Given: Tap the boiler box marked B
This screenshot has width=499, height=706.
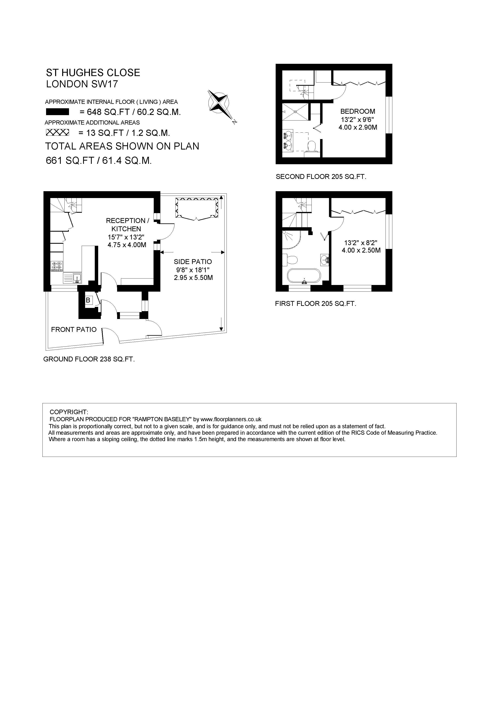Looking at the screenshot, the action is click(x=88, y=300).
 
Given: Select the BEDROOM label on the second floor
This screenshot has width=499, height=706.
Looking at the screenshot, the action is click(x=358, y=111).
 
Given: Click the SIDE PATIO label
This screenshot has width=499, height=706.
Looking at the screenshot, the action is click(x=193, y=262).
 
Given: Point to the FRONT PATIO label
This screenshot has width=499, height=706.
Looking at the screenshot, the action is click(x=74, y=330).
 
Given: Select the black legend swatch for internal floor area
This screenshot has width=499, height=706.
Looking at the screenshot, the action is click(x=58, y=112).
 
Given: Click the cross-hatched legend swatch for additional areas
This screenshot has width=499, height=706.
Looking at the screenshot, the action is click(x=58, y=133).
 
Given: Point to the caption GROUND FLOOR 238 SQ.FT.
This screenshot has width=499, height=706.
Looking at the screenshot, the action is click(x=89, y=359).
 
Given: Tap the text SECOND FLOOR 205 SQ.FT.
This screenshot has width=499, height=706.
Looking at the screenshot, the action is click(x=321, y=177).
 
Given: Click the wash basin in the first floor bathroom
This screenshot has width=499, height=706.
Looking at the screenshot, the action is click(x=325, y=260).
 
